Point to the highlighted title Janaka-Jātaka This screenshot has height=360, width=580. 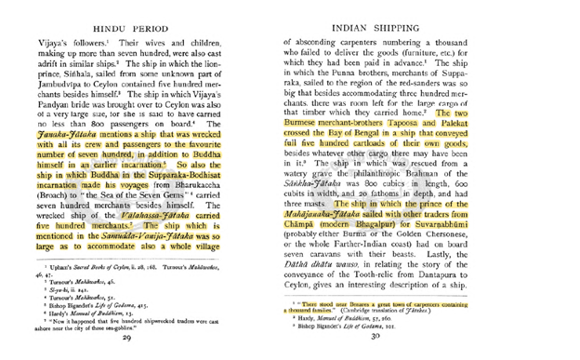tap(61, 136)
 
